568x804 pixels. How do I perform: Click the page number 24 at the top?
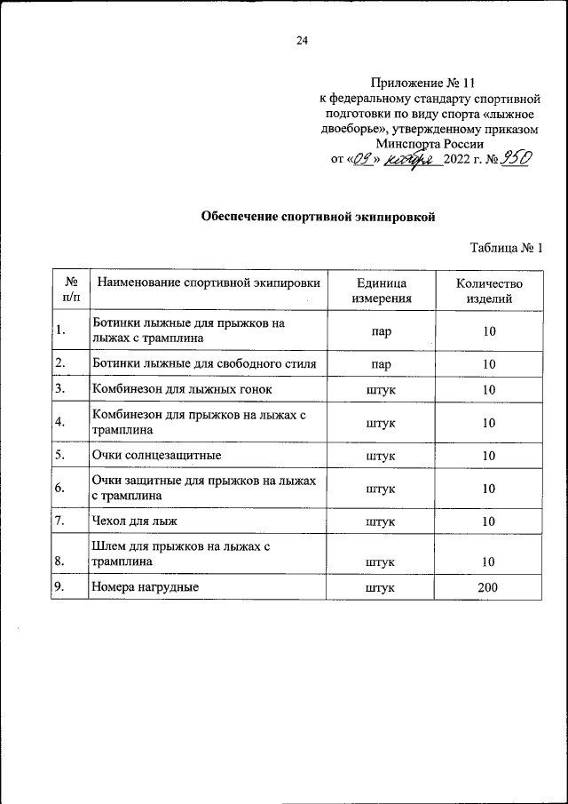[x=302, y=40]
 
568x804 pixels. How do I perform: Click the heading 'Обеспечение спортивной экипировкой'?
[x=319, y=216]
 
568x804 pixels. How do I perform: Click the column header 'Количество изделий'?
[x=489, y=291]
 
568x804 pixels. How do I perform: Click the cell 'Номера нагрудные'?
[x=145, y=587]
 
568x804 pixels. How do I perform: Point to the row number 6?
[x=59, y=489]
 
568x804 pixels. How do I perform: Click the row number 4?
[x=59, y=423]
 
